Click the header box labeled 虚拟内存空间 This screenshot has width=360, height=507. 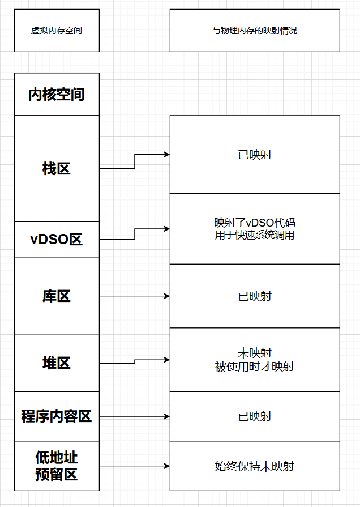[57, 31]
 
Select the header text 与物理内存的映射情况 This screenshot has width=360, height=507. [255, 31]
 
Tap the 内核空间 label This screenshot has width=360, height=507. [57, 94]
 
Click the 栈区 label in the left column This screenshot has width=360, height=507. [57, 168]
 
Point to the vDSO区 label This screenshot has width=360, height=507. [57, 239]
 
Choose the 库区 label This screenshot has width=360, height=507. [57, 296]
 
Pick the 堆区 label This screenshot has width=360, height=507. [57, 363]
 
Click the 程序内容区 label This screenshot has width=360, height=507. [57, 416]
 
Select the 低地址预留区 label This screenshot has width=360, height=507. [57, 466]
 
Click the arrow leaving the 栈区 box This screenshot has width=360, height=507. [134, 161]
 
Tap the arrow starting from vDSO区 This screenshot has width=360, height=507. [134, 233]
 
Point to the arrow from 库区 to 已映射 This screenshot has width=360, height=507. [134, 296]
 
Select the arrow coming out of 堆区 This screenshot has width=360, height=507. [134, 361]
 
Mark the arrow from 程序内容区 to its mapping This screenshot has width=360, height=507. [134, 416]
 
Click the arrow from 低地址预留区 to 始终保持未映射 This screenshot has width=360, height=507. [134, 466]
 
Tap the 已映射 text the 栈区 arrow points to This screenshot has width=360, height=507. [255, 154]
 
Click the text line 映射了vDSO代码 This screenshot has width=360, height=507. [255, 223]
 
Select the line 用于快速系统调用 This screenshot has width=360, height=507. [255, 235]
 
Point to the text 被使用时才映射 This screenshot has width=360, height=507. [255, 367]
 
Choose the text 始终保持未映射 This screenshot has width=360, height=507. [255, 466]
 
